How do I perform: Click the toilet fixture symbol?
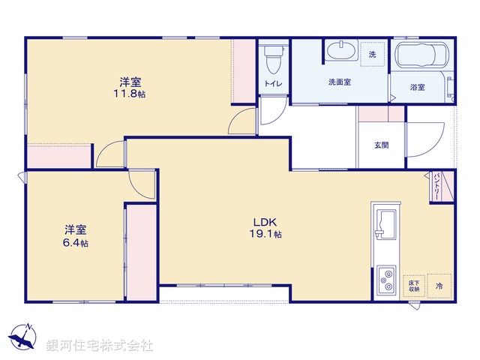point(272,57)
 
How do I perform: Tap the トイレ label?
point(272,83)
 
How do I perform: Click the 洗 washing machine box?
point(373,55)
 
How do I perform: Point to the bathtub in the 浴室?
point(420,55)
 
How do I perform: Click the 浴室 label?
point(417,88)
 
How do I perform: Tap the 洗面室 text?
point(340,82)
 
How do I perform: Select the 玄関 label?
point(382,145)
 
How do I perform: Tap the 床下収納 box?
point(413,285)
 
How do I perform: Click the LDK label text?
point(265,222)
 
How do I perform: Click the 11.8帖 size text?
point(129,94)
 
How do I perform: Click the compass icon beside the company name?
point(25,338)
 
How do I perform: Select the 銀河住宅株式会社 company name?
point(100,346)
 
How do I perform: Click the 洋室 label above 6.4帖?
point(73,229)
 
